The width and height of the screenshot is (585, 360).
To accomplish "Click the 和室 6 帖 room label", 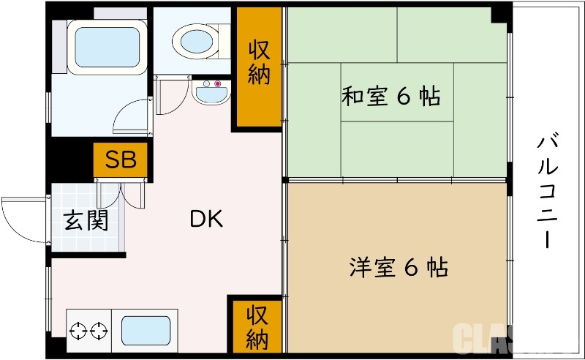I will click(x=390, y=96).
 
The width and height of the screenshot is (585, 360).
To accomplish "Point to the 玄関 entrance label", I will click(x=85, y=220).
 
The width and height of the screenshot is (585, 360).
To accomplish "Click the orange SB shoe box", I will click(x=121, y=160).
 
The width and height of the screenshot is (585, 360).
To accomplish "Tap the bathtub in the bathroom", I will click(x=103, y=45).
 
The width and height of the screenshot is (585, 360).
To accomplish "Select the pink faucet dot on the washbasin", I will click(x=217, y=83).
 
